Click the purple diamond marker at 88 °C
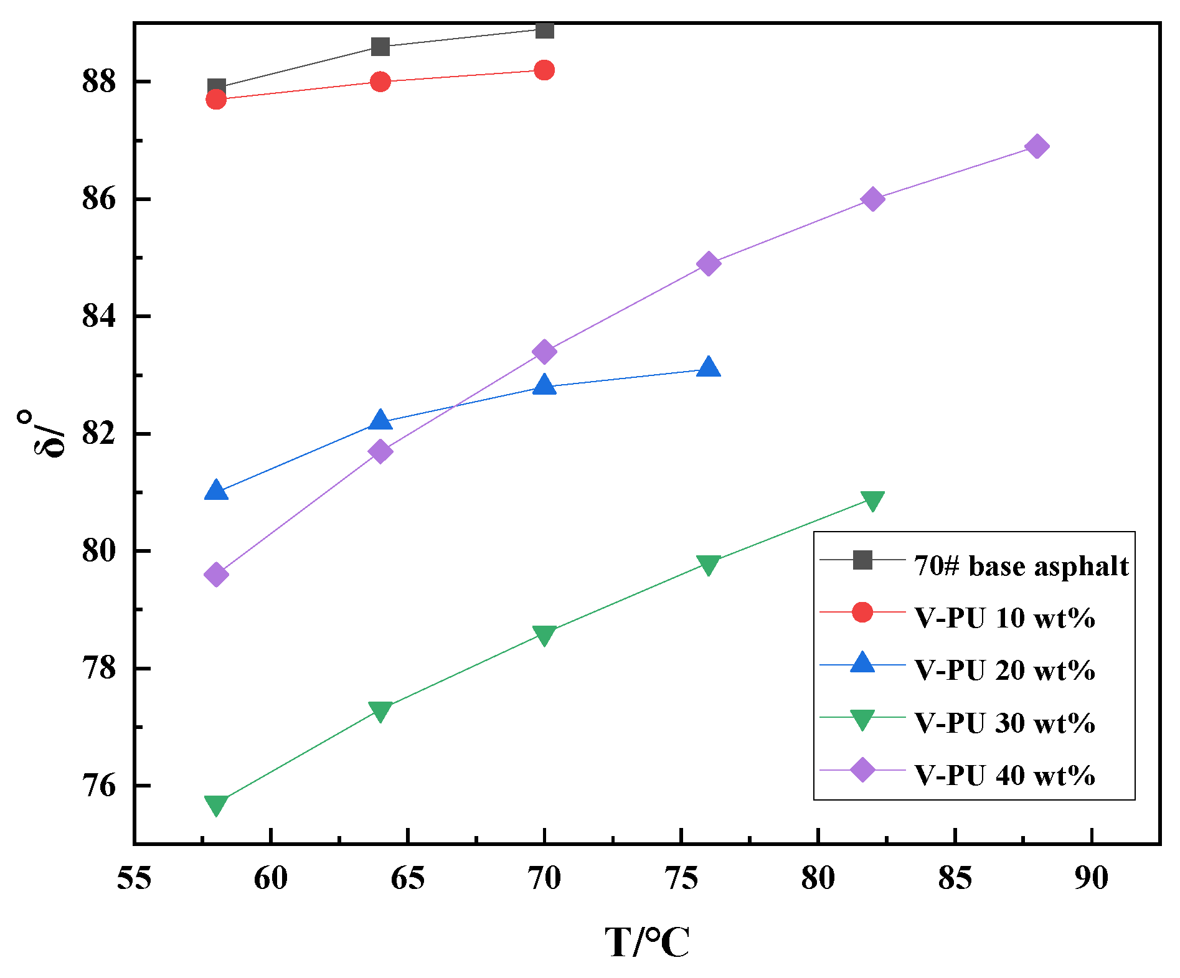click(1037, 147)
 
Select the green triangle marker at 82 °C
click(872, 501)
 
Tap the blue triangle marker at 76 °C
click(709, 368)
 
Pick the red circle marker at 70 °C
click(544, 70)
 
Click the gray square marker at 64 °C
click(380, 47)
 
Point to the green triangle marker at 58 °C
click(216, 805)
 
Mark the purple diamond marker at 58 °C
click(216, 575)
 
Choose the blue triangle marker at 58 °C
click(216, 491)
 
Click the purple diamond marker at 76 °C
click(709, 264)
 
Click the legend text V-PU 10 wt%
click(1004, 618)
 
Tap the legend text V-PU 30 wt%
click(1004, 723)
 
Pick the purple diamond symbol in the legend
click(862, 769)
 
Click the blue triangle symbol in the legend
click(862, 664)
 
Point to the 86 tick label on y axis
click(99, 200)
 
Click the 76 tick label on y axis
click(99, 786)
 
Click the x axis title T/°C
click(647, 942)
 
